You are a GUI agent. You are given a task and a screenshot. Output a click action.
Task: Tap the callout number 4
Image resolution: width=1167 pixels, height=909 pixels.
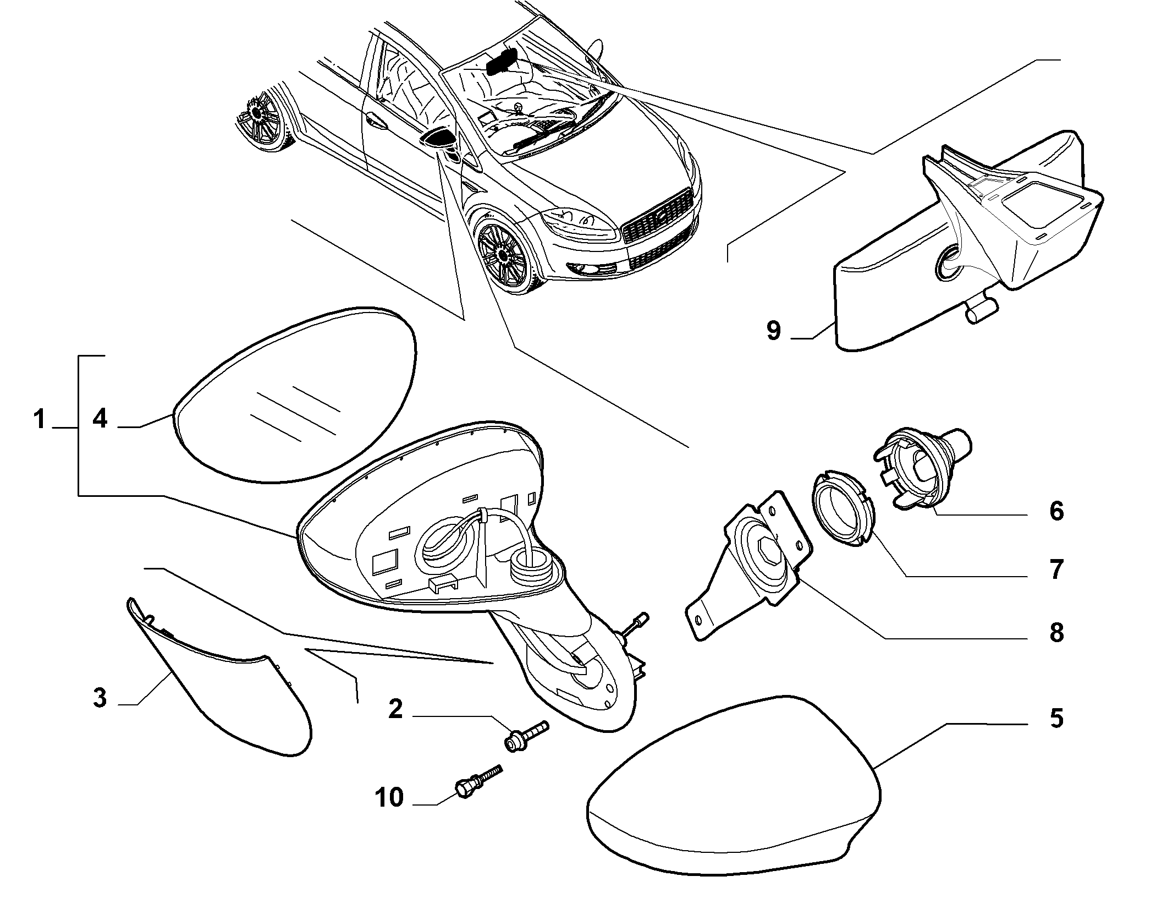pyautogui.click(x=100, y=419)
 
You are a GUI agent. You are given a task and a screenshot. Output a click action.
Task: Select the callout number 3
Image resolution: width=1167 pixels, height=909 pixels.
pyautogui.click(x=100, y=699)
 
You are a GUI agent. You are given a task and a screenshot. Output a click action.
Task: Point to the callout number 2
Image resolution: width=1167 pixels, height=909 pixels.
pyautogui.click(x=395, y=709)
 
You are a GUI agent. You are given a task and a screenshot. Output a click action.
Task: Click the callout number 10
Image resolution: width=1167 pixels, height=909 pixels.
pyautogui.click(x=389, y=797)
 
